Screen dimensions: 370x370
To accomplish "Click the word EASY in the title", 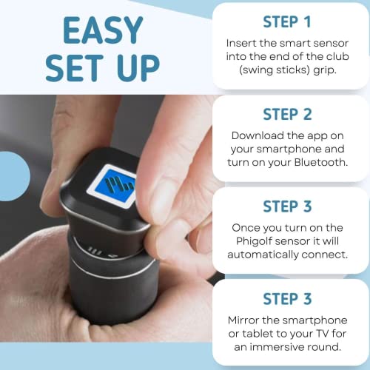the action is (103, 30).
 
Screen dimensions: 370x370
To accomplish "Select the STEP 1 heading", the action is (287, 22).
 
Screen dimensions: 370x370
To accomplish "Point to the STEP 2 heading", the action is (287, 115).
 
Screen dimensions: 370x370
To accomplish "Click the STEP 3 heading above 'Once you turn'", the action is (287, 206).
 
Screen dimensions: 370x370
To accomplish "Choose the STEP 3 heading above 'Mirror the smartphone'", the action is (287, 299).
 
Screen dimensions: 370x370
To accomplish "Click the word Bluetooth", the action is (321, 162).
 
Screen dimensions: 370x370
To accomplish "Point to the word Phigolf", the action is (254, 241).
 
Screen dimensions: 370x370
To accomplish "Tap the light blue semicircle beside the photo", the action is (14, 176).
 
